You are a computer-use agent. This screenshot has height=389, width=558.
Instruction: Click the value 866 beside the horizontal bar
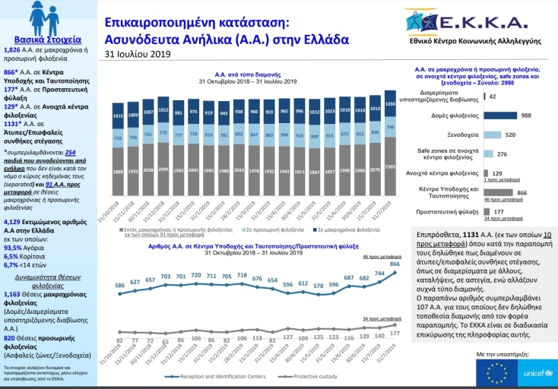coord(522,193)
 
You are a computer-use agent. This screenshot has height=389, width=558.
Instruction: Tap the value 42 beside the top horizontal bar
coord(493,97)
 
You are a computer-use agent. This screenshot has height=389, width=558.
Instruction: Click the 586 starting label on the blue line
coord(120,286)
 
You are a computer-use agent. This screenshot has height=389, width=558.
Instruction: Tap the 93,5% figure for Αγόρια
coord(13,247)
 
